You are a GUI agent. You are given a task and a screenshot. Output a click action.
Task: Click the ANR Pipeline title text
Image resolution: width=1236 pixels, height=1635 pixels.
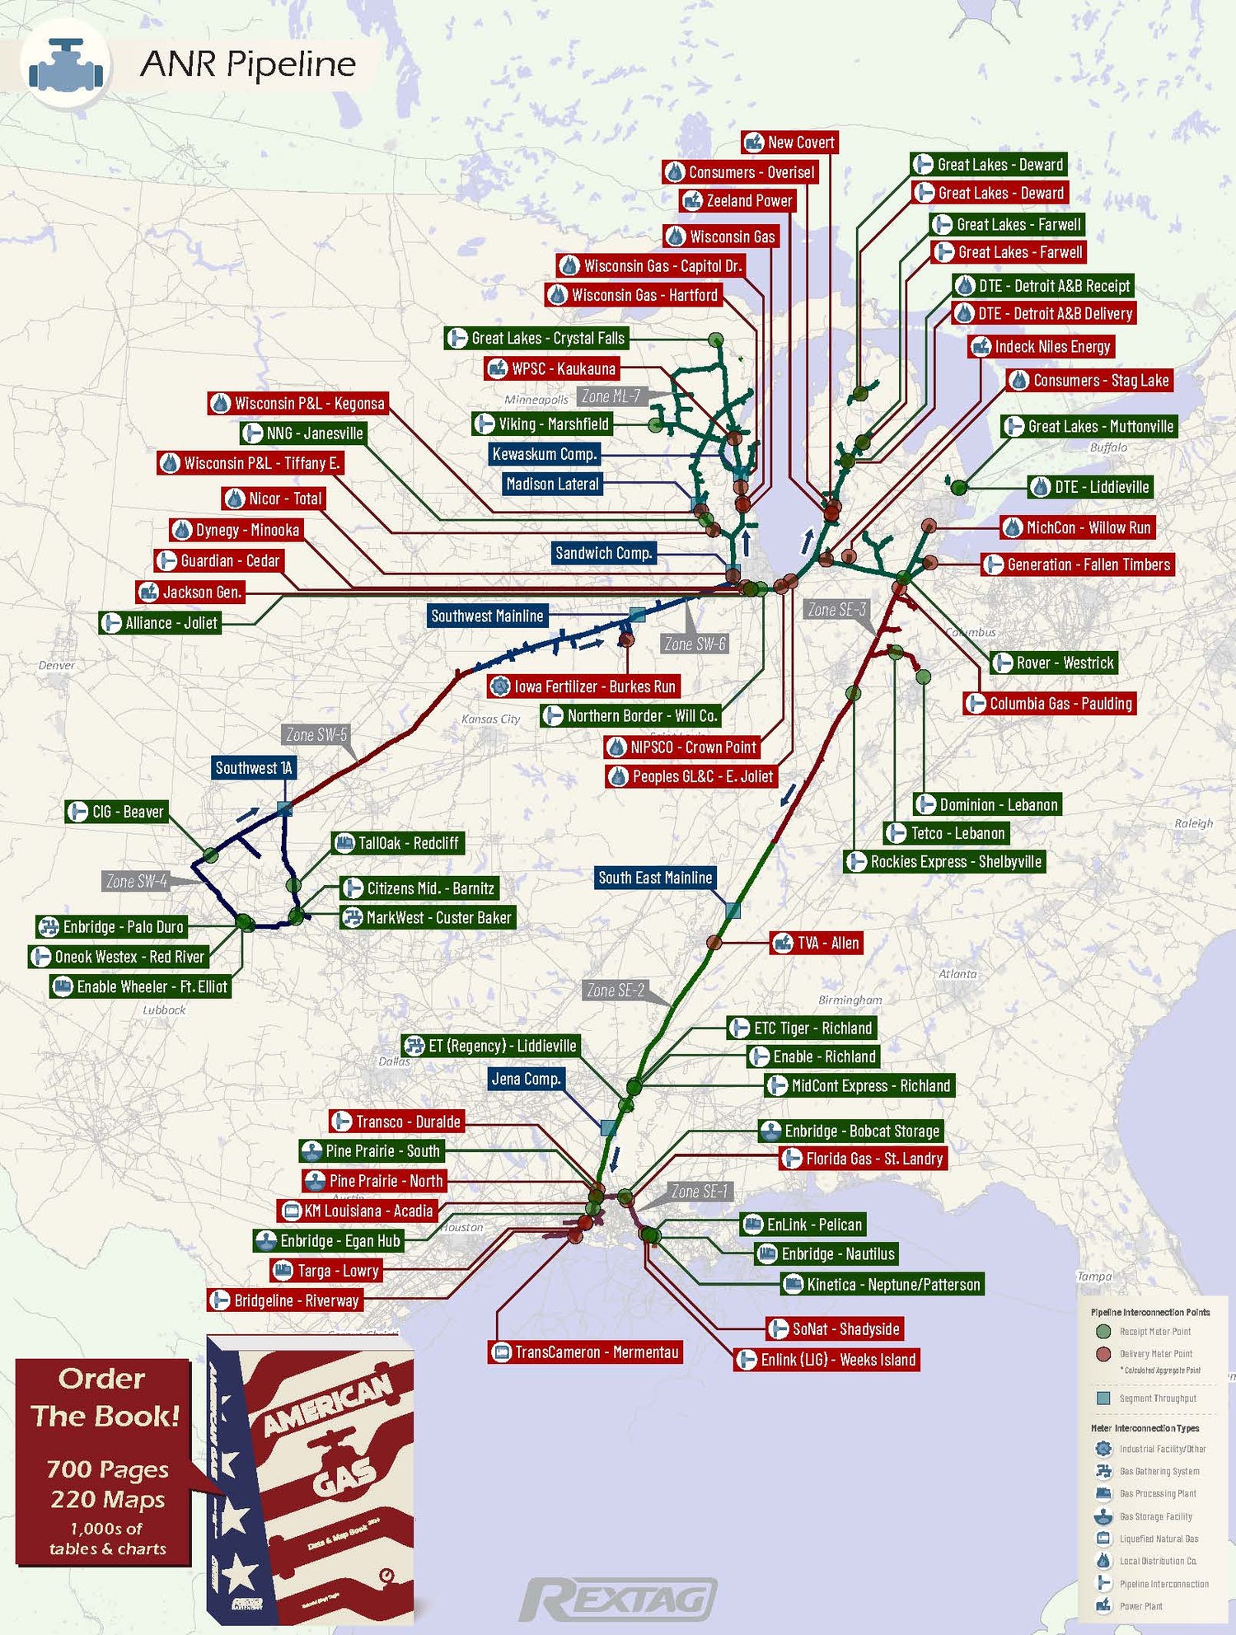click(247, 64)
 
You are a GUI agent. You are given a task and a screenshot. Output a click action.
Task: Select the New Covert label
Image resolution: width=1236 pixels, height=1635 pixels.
click(789, 143)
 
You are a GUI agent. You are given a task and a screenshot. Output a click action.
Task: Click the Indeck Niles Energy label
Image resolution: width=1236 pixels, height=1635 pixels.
click(1042, 347)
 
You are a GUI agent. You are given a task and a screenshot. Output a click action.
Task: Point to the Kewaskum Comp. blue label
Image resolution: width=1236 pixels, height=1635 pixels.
click(544, 454)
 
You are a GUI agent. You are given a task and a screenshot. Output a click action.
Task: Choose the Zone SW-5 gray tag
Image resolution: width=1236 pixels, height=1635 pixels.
click(316, 734)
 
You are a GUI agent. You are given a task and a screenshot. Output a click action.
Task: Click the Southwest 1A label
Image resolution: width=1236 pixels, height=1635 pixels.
click(254, 768)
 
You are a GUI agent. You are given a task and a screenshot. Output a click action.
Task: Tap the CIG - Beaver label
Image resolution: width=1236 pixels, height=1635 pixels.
click(116, 812)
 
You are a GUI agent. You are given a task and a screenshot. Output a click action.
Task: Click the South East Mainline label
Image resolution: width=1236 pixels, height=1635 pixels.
click(655, 878)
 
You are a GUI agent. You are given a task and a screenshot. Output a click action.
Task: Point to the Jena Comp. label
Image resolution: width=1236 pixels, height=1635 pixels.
click(526, 1079)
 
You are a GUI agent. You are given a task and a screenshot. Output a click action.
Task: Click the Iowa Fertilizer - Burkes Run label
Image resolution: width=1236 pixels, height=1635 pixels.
click(583, 686)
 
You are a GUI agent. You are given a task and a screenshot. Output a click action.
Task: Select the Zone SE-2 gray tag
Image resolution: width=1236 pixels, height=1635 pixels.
click(616, 990)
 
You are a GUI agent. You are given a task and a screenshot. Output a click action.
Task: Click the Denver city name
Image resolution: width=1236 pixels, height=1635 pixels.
click(56, 665)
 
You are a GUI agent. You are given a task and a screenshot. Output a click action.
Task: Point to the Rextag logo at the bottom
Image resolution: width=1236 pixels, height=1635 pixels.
click(618, 1599)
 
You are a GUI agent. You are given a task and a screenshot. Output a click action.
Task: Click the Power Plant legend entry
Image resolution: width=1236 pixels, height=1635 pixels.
click(1140, 1606)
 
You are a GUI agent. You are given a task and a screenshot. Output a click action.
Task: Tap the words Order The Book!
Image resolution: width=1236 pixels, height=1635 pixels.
click(104, 1397)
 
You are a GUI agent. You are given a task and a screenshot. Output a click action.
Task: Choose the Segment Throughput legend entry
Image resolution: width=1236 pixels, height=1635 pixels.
click(1157, 1398)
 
